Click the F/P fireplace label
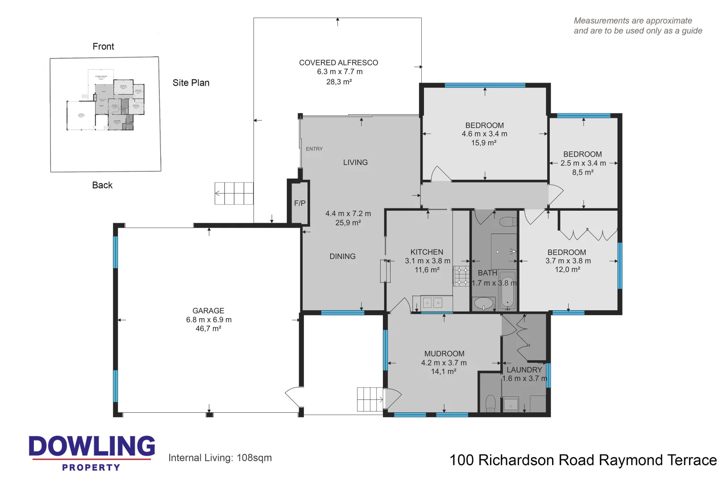pos(299,204)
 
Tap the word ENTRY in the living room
pos(314,149)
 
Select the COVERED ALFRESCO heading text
pos(338,63)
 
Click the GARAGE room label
pos(208,311)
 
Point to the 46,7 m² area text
pos(208,329)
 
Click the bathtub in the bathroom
pos(507,290)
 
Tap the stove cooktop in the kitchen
pos(461,276)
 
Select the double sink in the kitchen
pos(432,303)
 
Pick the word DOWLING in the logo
pos(92,446)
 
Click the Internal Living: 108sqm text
pos(220,458)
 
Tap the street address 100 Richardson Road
pos(582,460)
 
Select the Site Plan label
pos(191,83)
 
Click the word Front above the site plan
pos(103,47)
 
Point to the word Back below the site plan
pos(102,185)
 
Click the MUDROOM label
pos(444,354)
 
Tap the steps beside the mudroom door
pos(370,399)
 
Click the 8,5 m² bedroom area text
pos(582,173)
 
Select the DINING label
pos(342,257)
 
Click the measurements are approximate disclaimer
pos(637,26)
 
